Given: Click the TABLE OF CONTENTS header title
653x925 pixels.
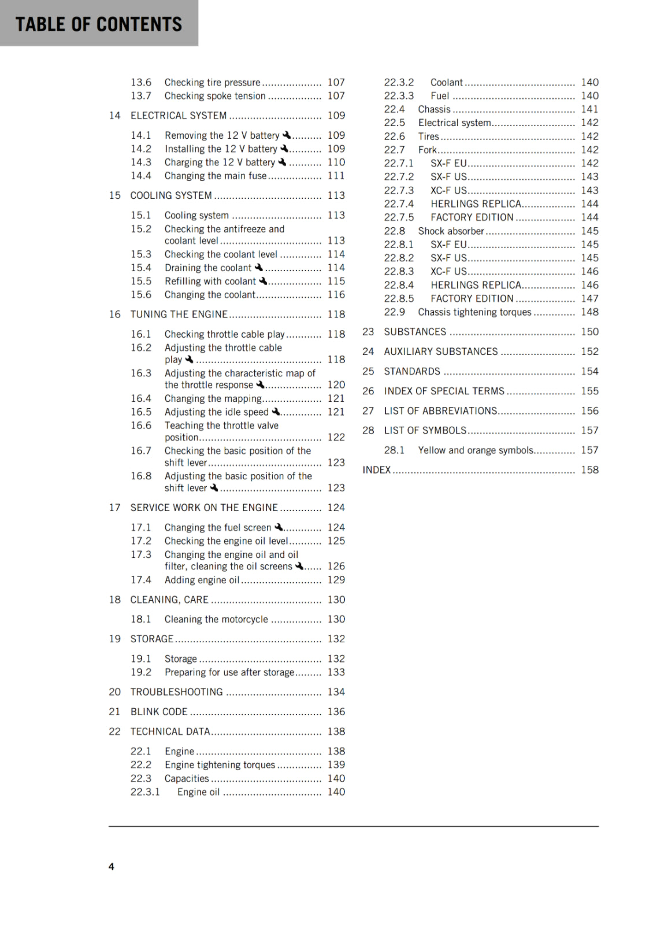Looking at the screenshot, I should pos(99,24).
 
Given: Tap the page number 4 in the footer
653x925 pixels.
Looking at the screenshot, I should pos(112,866).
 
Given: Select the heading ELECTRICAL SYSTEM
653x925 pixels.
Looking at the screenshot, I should pos(178,116).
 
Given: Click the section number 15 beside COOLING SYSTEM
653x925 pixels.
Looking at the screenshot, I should pos(114,195).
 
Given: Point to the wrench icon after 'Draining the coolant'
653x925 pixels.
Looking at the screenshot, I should pos(259,267).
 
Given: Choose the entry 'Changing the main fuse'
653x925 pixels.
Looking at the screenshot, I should pos(216,176).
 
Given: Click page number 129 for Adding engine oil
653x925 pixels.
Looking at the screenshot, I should pos(336,580).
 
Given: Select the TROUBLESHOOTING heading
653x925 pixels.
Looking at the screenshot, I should pos(176,692).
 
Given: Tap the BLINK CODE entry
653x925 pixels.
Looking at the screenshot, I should pos(159,712).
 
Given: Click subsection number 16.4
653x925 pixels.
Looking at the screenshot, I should pos(140,398).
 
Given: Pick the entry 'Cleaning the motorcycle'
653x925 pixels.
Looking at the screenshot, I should pos(216,619).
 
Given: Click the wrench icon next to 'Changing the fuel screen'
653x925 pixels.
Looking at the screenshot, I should pos(279,527).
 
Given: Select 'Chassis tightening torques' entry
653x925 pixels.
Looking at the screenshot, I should pos(474,312).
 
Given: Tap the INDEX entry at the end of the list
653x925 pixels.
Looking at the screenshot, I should pos(377,470).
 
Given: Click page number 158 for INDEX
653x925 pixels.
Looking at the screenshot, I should pos(589,470).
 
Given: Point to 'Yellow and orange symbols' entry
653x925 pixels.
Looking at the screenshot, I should pos(476,450).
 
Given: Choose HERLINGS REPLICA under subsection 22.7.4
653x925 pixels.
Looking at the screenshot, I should pos(476,204).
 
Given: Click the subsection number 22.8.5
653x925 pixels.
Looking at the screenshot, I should pos(399,299).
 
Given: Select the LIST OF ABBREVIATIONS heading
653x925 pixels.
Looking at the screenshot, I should pos(440,411).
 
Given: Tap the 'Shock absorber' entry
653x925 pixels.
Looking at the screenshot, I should pos(451,231).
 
